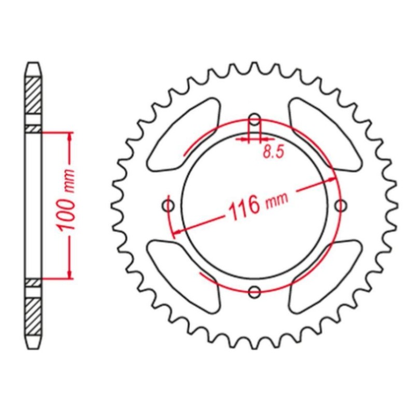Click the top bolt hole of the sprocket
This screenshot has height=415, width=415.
pyautogui.click(x=254, y=120)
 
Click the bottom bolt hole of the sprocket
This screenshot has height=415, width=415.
pyautogui.click(x=254, y=293)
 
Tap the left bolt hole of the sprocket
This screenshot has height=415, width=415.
pyautogui.click(x=168, y=206)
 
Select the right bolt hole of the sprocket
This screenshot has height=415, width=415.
pyautogui.click(x=341, y=206)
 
